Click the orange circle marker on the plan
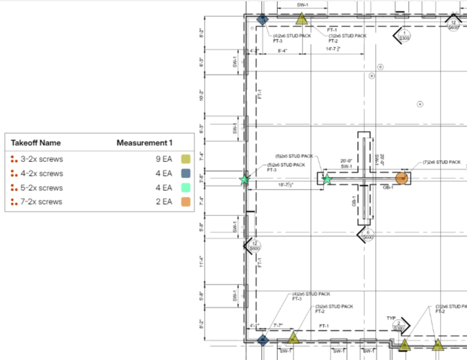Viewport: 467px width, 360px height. tap(402, 178)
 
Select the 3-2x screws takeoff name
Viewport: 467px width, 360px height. tap(41, 160)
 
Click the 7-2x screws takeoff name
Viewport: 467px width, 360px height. tap(41, 202)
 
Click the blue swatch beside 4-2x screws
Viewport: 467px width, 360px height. tap(186, 174)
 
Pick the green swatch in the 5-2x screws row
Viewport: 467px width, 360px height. tap(186, 188)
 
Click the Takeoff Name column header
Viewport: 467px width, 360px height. tap(35, 143)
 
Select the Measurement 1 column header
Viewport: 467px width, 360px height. tap(144, 143)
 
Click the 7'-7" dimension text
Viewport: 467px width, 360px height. tap(279, 326)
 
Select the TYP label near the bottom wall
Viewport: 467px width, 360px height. tap(391, 317)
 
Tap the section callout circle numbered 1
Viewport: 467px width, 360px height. tap(405, 35)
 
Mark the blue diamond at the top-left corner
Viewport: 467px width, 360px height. tap(262, 20)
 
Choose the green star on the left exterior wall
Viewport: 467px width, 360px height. tap(244, 179)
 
